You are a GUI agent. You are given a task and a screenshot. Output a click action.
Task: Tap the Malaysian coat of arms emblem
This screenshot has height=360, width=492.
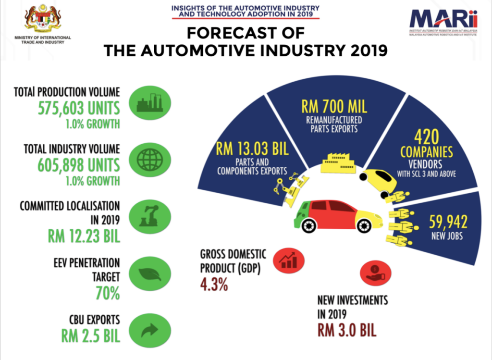[x=43, y=19]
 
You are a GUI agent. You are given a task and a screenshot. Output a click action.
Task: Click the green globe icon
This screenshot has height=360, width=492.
[x=150, y=161]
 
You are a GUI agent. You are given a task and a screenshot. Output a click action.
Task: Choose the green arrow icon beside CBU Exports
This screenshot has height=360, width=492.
[x=150, y=329]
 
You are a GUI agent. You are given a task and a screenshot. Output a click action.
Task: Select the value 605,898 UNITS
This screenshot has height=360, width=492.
[x=79, y=165]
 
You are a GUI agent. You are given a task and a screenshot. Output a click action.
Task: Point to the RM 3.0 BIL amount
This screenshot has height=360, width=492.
[x=347, y=331]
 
